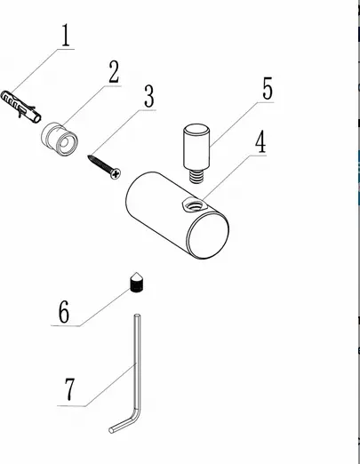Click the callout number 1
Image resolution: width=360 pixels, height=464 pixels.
point(67,36)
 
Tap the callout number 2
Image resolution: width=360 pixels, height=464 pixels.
point(114,72)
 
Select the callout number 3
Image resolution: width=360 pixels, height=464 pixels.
point(149,96)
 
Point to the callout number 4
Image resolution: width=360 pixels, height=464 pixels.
point(260,142)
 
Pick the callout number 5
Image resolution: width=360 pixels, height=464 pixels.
point(268,88)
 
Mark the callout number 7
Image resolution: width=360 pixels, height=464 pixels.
point(70,389)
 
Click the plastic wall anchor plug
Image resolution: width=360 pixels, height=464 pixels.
point(21,106)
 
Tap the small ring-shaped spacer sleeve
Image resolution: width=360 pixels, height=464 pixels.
point(60,139)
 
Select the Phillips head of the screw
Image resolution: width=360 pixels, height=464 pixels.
point(116,173)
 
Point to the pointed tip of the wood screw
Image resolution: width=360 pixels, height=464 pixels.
point(89,156)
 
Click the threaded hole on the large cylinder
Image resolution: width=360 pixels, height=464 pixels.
point(194,205)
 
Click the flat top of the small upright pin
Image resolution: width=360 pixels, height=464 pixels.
point(196,130)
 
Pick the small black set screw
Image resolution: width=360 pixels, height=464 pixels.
point(136,284)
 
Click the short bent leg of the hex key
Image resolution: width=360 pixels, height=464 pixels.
point(124,422)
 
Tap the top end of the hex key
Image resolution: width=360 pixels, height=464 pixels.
point(138,316)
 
